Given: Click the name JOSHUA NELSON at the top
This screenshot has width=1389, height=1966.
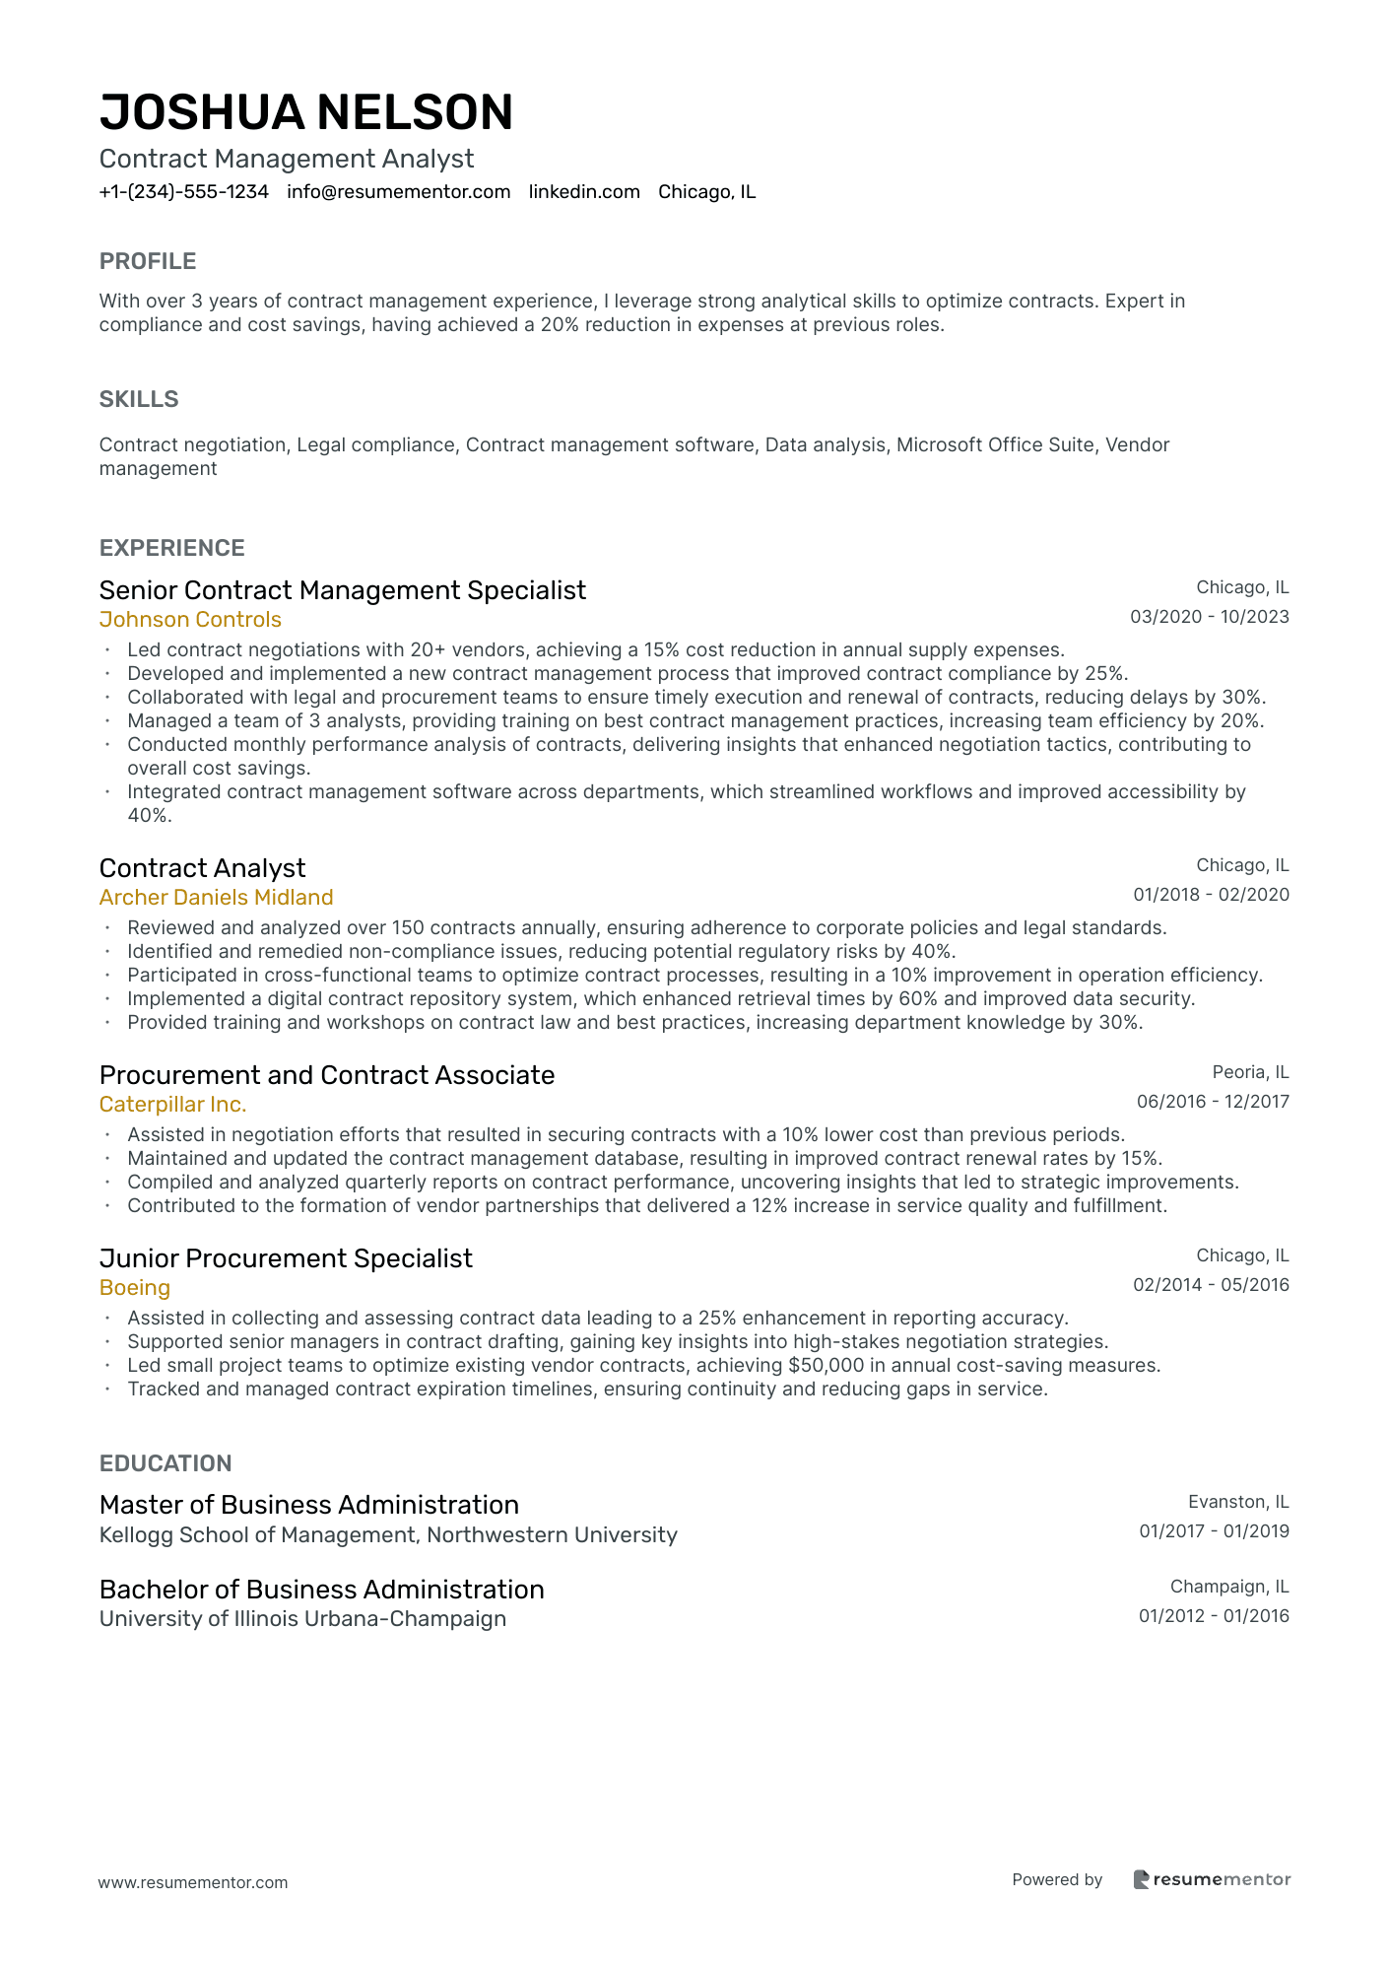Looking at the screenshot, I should (x=306, y=112).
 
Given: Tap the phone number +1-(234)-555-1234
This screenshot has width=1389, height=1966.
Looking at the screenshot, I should (x=184, y=192).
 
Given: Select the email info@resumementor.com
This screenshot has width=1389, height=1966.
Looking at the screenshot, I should (x=399, y=192).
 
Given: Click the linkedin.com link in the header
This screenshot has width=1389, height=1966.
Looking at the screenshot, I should (x=584, y=192).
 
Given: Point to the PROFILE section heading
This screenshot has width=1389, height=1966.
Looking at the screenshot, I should (x=148, y=261).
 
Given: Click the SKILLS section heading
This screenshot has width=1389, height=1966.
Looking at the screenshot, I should (x=139, y=399).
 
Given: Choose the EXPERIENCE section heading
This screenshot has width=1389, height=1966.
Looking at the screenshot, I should (x=172, y=548).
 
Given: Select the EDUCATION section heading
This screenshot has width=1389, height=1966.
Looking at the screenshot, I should (x=165, y=1463).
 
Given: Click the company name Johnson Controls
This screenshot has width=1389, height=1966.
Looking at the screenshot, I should (x=190, y=620).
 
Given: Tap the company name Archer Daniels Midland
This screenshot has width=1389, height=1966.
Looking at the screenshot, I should (x=216, y=898).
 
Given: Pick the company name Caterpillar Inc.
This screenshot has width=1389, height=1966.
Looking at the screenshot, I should (x=172, y=1105).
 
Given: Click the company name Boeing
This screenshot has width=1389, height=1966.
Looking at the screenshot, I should (x=135, y=1288).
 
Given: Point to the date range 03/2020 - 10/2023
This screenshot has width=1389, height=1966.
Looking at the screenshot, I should (x=1209, y=617).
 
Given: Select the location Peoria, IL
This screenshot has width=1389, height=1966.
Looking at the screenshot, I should (x=1250, y=1072).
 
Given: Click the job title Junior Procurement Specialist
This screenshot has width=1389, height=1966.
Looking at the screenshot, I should (x=286, y=1258).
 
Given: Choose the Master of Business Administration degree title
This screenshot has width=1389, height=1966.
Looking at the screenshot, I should (x=309, y=1505).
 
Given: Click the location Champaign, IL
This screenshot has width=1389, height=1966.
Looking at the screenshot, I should (x=1229, y=1587).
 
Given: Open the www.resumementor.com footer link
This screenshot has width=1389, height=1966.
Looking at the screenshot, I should (x=193, y=1882).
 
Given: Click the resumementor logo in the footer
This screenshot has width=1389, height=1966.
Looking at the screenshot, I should (x=1212, y=1879).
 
